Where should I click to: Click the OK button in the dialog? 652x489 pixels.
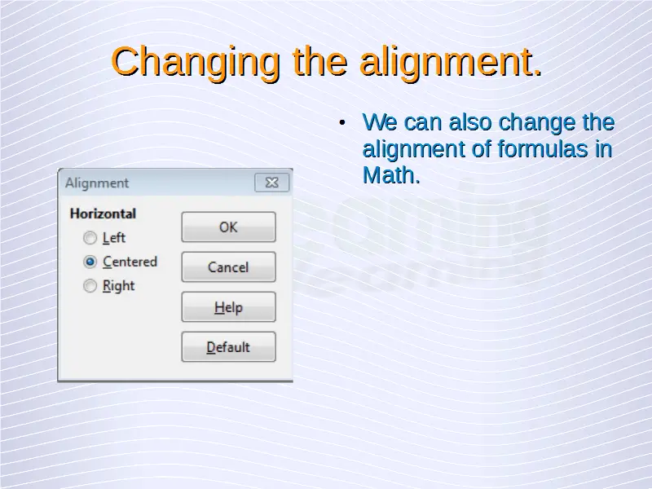[x=228, y=227]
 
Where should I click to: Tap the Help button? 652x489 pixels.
[x=228, y=307]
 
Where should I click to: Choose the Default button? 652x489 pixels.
[x=228, y=347]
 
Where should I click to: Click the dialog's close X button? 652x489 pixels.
[x=272, y=183]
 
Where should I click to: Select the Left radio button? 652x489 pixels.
[x=90, y=238]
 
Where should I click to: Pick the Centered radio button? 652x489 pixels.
[x=90, y=262]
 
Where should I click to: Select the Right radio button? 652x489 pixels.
[x=90, y=286]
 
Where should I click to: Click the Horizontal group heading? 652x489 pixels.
[x=103, y=214]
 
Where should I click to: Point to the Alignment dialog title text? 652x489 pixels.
[x=97, y=183]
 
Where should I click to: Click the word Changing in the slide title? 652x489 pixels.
[x=196, y=63]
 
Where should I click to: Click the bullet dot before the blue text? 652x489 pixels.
[x=341, y=122]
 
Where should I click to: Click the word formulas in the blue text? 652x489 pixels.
[x=543, y=148]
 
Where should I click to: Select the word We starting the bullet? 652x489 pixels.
[x=380, y=122]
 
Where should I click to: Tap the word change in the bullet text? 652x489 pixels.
[x=537, y=123]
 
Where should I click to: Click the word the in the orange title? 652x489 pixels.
[x=319, y=62]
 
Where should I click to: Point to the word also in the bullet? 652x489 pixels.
[x=470, y=122]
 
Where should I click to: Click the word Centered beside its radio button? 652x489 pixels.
[x=130, y=262]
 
